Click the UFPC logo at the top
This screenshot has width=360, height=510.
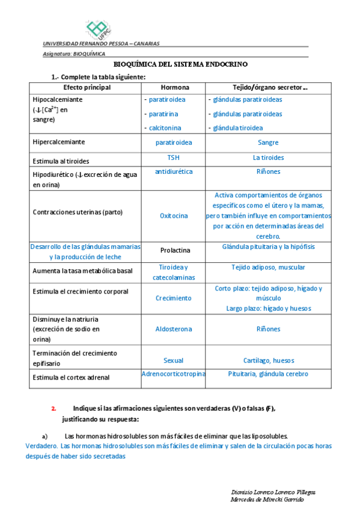point(97,28)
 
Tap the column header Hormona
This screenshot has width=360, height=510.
point(175,88)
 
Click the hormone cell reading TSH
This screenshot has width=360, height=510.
point(173,158)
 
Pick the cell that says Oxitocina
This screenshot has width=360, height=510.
point(173,215)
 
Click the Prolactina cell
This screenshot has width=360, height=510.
point(175,250)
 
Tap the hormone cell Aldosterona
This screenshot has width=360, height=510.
point(174,330)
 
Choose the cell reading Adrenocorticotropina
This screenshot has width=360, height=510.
point(173,373)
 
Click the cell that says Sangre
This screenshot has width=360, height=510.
point(268,143)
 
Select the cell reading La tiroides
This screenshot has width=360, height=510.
point(268,158)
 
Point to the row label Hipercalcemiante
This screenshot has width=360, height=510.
point(58,142)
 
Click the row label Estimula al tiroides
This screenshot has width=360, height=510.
point(61,161)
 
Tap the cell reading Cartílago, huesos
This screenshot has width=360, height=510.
point(268,360)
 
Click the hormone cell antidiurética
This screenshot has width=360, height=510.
point(174,171)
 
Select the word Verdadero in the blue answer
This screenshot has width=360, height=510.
point(41,446)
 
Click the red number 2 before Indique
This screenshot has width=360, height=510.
point(53,408)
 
